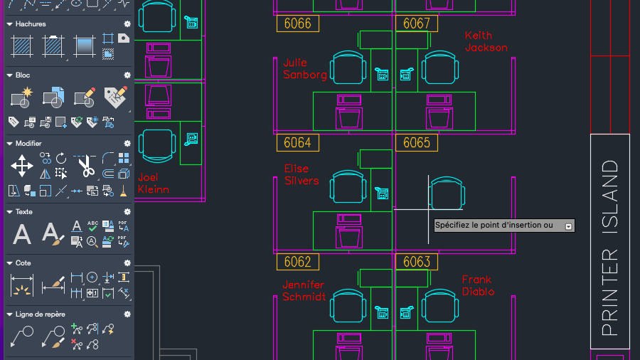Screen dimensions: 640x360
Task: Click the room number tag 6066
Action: (297, 23)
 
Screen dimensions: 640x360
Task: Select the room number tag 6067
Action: (417, 23)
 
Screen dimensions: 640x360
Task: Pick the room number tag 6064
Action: (297, 143)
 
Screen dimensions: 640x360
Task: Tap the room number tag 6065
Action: (417, 143)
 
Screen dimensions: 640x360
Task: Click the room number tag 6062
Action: (297, 262)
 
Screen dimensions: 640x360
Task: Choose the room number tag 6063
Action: (417, 262)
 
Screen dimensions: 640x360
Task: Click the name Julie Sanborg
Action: (305, 68)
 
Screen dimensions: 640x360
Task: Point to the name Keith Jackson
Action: (486, 42)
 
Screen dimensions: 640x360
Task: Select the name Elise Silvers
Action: (302, 175)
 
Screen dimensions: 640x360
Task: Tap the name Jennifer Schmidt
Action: (304, 290)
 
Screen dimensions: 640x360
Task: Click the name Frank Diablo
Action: (479, 286)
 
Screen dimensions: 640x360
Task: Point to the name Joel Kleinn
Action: (154, 184)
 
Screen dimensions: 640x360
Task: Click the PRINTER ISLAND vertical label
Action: (610, 248)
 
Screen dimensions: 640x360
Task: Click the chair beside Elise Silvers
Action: (348, 186)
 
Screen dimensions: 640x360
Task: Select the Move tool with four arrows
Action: (22, 166)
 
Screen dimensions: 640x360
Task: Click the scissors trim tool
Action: (86, 166)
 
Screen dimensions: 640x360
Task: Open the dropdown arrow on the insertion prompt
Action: (568, 226)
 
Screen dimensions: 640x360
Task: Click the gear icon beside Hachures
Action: (127, 24)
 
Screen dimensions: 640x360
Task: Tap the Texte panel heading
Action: (23, 212)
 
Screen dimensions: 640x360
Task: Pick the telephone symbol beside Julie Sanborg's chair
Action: (382, 74)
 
